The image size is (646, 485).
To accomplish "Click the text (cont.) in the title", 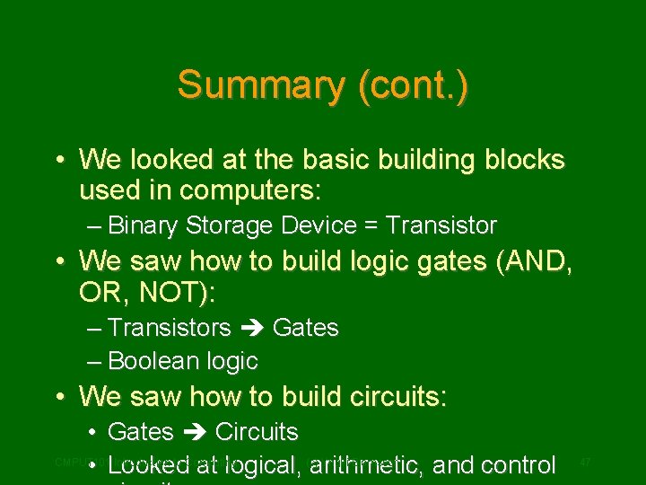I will tap(413, 85).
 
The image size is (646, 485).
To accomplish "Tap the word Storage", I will tap(231, 225).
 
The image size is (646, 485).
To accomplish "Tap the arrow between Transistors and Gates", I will tap(251, 329).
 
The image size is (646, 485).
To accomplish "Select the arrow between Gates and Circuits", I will tap(195, 432).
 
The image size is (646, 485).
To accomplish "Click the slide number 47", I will tap(585, 462).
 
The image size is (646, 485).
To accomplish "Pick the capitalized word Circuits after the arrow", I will tap(257, 432).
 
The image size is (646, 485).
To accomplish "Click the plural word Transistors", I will tap(169, 329).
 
